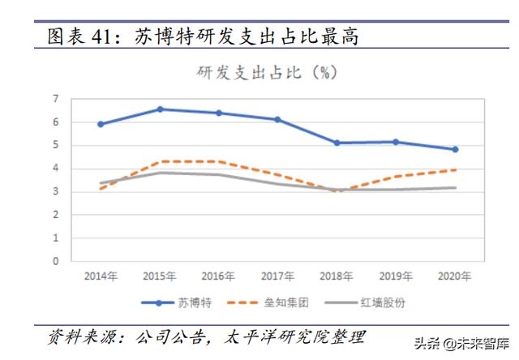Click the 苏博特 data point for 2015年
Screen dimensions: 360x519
pos(160,109)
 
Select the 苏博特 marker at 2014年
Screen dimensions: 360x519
pos(101,124)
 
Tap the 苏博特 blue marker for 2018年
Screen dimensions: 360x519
pos(337,143)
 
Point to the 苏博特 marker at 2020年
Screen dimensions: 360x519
pos(455,149)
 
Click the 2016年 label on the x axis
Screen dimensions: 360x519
pos(219,276)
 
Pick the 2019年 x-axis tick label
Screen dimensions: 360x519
pos(396,276)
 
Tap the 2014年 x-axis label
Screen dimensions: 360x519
pos(101,276)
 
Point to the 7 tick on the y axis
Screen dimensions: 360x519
pos(56,99)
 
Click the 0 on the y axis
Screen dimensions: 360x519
pos(56,262)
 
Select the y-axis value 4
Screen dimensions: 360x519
pos(56,169)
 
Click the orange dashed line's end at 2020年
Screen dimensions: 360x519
pos(455,170)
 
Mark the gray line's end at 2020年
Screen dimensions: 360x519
pos(455,188)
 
